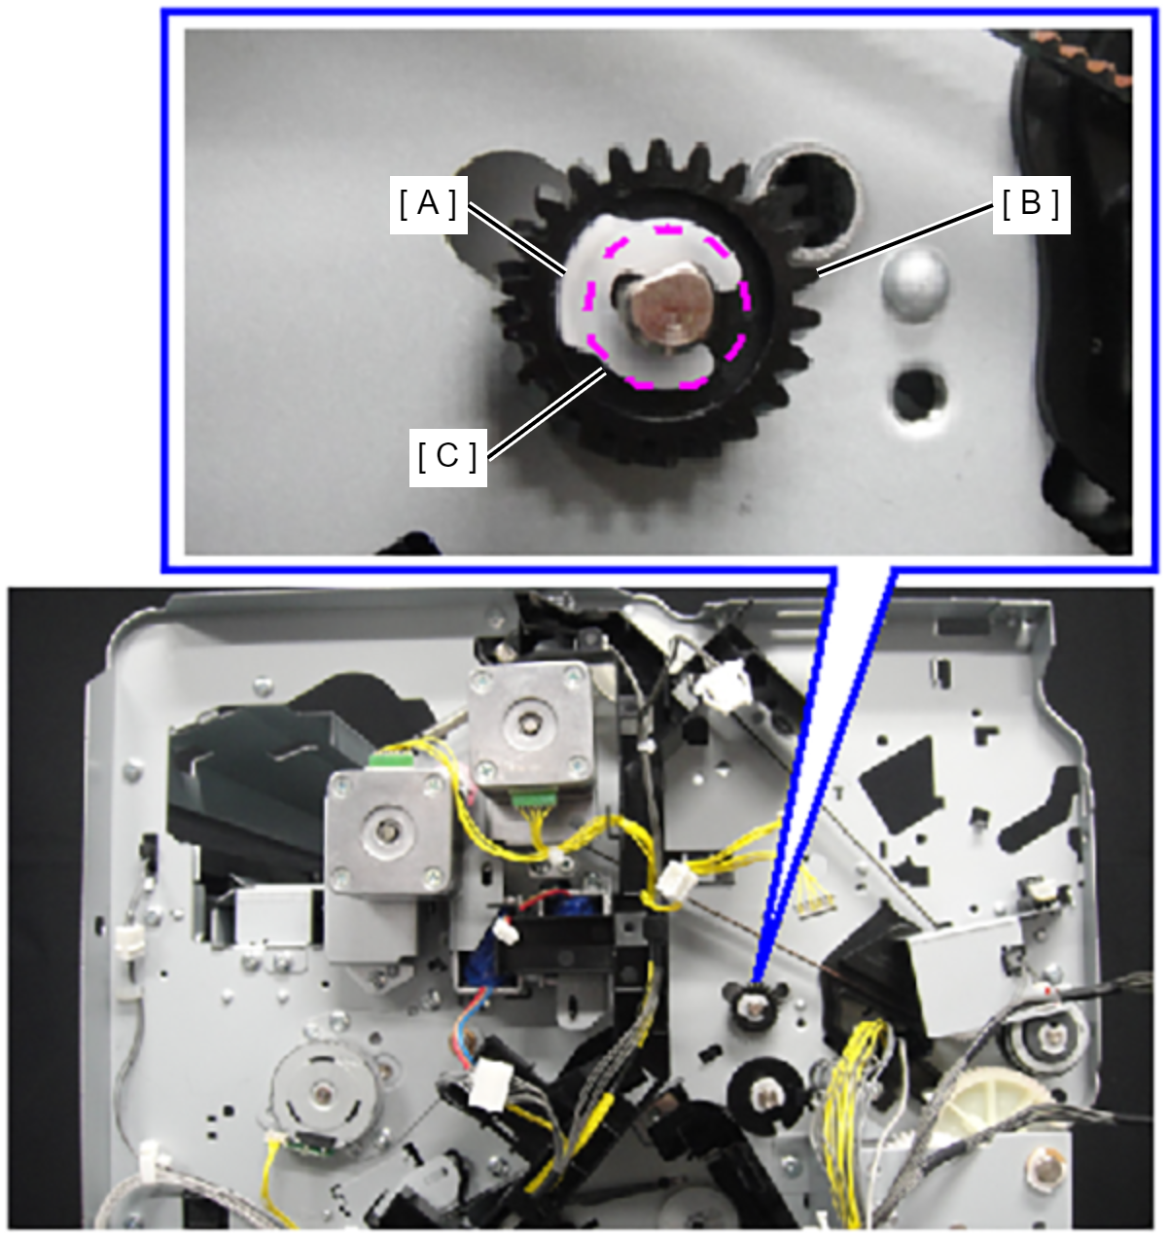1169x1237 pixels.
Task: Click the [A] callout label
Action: (x=429, y=204)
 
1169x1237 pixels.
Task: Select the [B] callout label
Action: (x=1031, y=204)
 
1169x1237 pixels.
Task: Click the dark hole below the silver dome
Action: (x=918, y=394)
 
